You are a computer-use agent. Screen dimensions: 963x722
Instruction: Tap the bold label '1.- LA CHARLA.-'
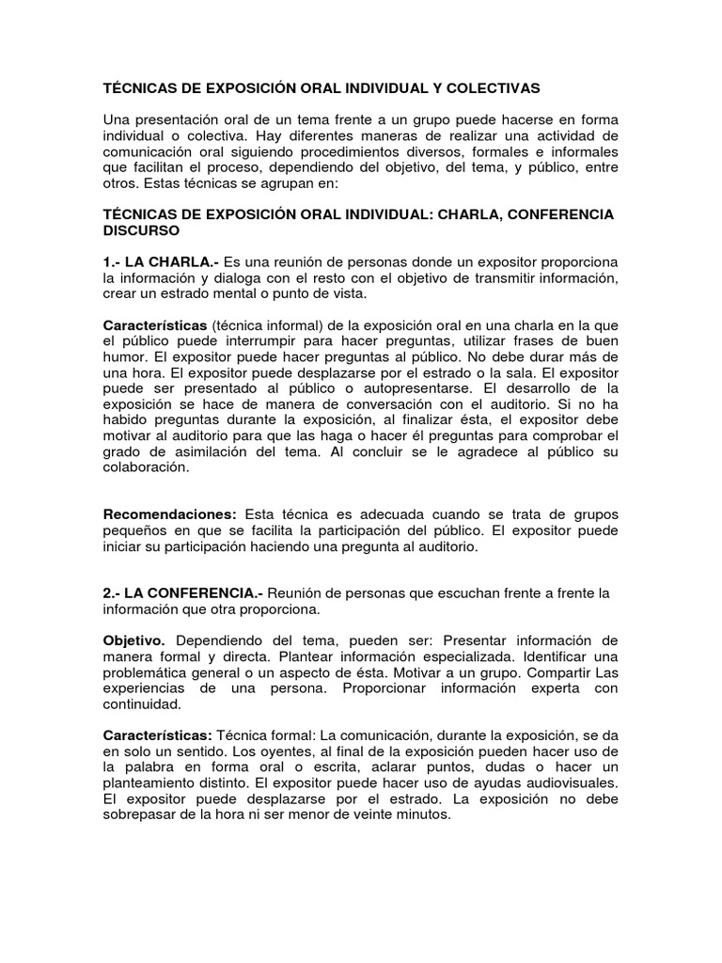pyautogui.click(x=161, y=260)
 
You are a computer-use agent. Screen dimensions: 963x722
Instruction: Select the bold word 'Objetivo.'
pyautogui.click(x=133, y=639)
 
